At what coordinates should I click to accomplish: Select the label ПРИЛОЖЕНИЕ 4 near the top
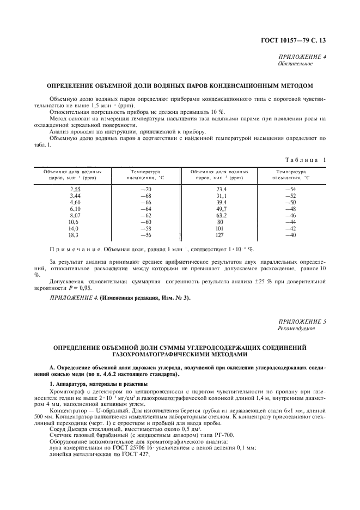click(302, 57)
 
